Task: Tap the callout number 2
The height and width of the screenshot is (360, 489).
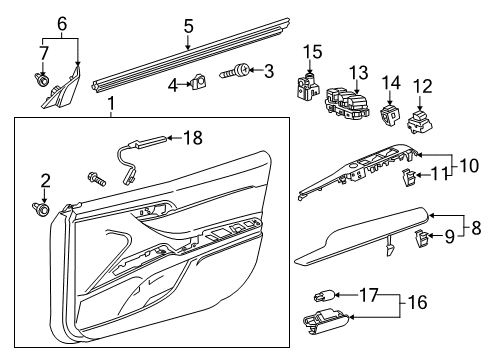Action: (45, 180)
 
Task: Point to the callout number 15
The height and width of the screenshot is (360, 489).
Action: (313, 51)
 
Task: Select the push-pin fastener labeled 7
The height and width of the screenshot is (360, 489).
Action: (43, 76)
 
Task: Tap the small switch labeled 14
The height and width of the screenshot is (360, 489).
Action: (389, 117)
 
